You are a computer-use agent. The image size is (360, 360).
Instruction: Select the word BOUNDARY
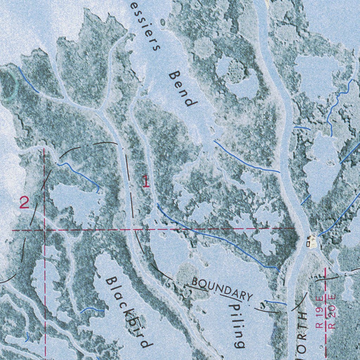tap(222, 289)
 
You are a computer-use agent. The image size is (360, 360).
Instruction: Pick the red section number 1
tap(146, 181)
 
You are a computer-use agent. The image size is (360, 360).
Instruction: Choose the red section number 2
tap(24, 203)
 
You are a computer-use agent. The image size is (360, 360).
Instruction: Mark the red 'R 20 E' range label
tap(332, 311)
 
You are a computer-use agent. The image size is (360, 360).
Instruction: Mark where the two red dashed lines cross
tap(44, 230)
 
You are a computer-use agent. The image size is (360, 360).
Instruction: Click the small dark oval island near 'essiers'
tap(162, 22)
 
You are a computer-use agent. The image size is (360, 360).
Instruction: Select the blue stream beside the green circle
tap(28, 80)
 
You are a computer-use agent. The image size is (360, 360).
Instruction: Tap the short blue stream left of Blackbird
tap(92, 309)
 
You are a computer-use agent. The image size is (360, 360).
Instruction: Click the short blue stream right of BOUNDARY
tap(276, 302)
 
